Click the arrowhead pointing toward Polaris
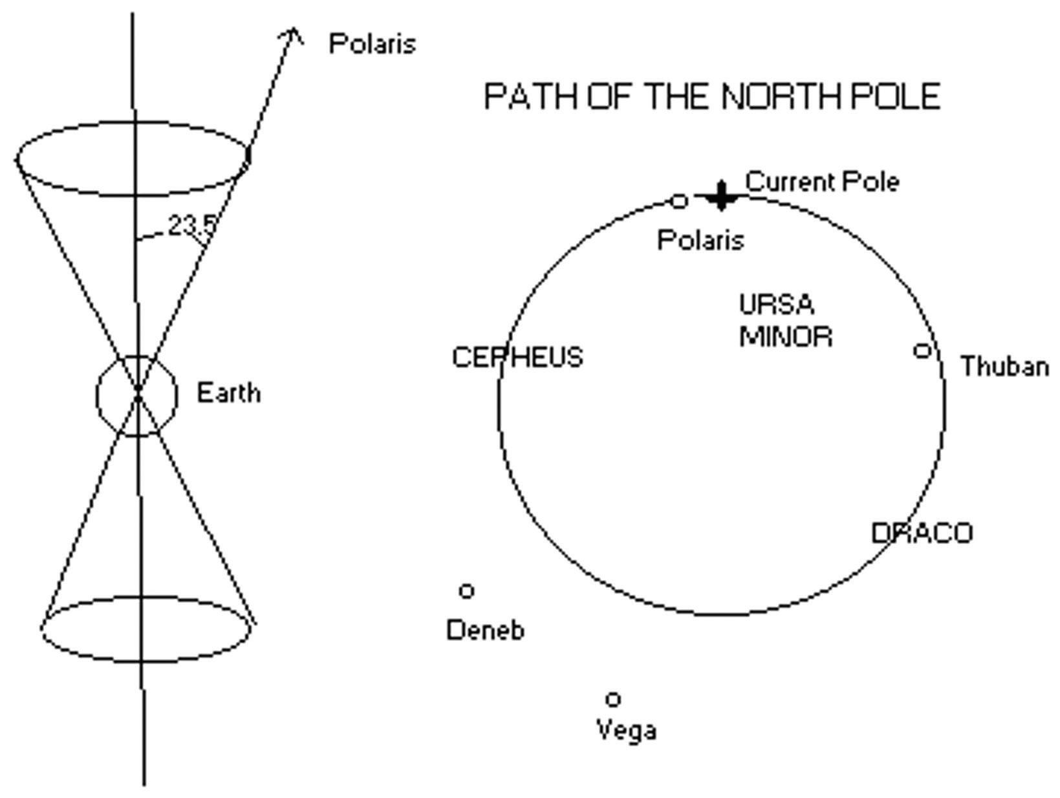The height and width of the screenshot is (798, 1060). (x=292, y=34)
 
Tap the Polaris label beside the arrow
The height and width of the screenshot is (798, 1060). (x=372, y=44)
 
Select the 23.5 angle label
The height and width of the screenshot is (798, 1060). (x=192, y=226)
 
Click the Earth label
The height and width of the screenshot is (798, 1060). (x=228, y=393)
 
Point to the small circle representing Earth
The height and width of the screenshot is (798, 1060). (x=137, y=395)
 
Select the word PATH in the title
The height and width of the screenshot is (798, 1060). (x=532, y=97)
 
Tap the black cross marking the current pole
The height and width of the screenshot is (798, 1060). (x=720, y=195)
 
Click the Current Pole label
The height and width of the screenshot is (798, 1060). (x=821, y=182)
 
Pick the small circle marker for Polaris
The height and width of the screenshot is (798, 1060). (x=678, y=202)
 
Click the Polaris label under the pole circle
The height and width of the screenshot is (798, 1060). (x=700, y=241)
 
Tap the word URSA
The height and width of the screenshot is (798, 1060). (x=776, y=304)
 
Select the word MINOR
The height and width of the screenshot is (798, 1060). (x=786, y=337)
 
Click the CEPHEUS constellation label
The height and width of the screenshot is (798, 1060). (x=517, y=358)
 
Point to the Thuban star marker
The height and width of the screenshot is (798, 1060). (x=922, y=351)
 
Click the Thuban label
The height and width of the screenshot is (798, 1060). (x=1004, y=367)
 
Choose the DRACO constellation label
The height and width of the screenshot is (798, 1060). (x=922, y=534)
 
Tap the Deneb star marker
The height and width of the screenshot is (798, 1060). (x=466, y=591)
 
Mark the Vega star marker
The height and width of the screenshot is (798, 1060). (x=613, y=699)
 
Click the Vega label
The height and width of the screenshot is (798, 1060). (x=626, y=731)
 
